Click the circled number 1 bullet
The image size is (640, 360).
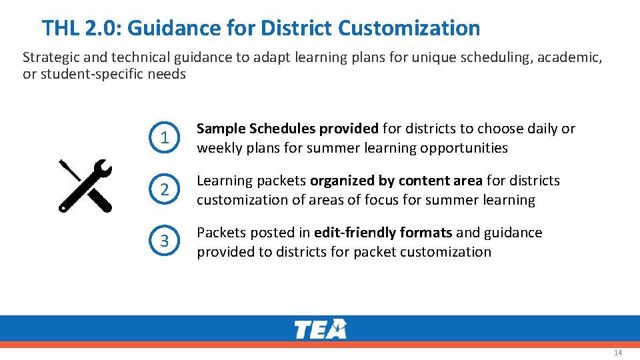(164, 138)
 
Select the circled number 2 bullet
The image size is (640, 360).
(164, 190)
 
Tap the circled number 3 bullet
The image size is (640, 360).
(164, 241)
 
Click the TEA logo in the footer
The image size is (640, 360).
(321, 329)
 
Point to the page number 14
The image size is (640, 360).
(617, 353)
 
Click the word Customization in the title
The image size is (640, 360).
(409, 28)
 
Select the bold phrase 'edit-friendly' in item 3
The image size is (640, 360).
(355, 233)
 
